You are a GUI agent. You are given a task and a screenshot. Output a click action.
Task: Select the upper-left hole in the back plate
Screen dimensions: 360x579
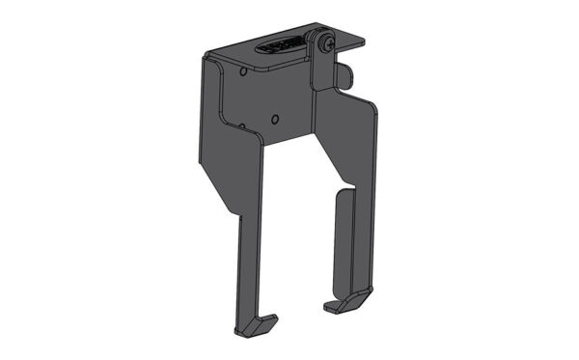[x=240, y=70]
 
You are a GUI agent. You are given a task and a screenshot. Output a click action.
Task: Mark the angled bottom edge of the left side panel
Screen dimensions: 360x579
[x=216, y=198]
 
